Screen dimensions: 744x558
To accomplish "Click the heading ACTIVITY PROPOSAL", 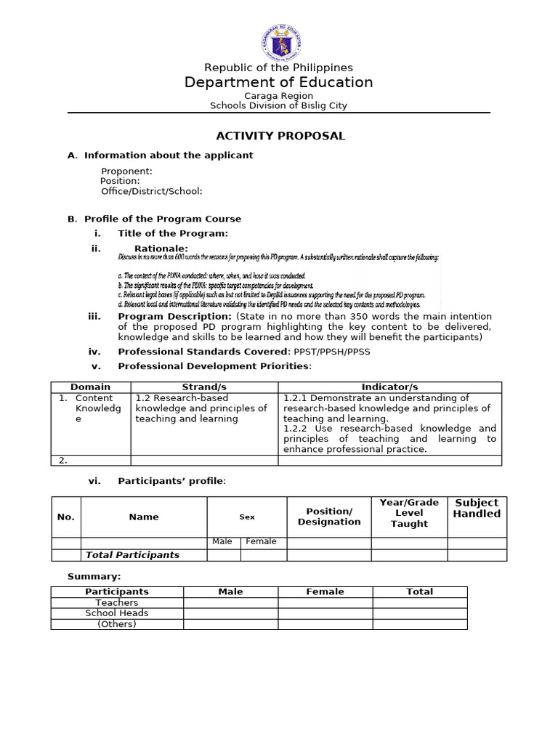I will (280, 136).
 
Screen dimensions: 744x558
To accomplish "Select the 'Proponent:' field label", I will (126, 171).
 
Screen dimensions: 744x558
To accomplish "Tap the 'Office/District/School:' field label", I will (151, 191).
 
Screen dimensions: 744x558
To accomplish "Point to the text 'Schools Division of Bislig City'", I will (278, 105).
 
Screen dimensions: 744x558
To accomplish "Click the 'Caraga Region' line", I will (278, 95).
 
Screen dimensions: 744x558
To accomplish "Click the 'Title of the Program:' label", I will (173, 233).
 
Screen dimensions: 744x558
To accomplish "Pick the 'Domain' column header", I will (91, 387).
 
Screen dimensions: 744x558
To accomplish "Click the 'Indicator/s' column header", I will (389, 387).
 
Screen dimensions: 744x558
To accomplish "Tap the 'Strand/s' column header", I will (204, 387).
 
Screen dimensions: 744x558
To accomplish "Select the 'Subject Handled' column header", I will (477, 508).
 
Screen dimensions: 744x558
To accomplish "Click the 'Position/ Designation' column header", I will (329, 517).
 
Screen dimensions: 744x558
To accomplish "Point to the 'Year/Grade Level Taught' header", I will (409, 513).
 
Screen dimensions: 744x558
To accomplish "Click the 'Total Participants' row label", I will (132, 555).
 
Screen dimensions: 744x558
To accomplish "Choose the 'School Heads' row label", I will (116, 612).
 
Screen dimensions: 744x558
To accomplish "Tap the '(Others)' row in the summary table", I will (116, 623).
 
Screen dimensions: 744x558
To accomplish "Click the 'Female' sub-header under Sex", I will (261, 541).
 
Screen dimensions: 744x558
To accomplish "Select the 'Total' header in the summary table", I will (419, 591).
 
